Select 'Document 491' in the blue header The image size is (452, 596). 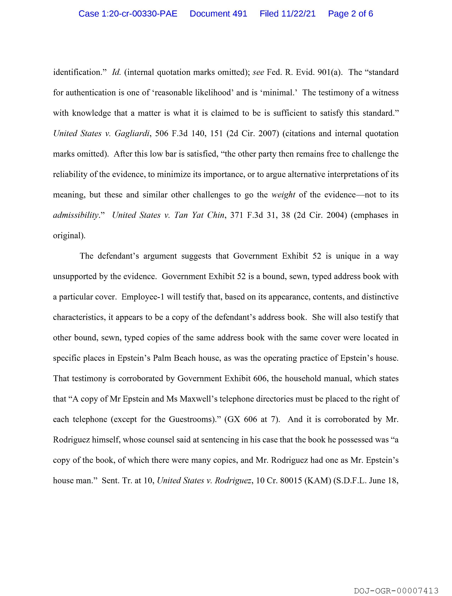218,14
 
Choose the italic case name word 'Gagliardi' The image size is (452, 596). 132,133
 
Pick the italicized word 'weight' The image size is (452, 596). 283,195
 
